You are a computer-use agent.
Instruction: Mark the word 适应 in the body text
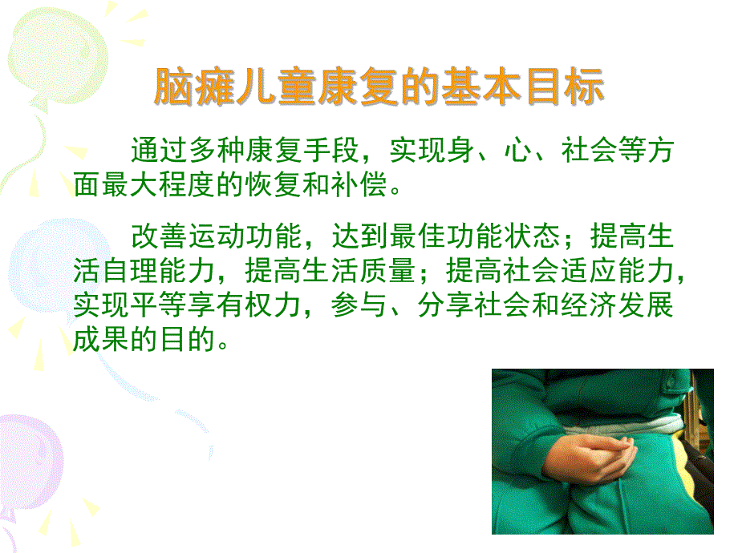(573, 272)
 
